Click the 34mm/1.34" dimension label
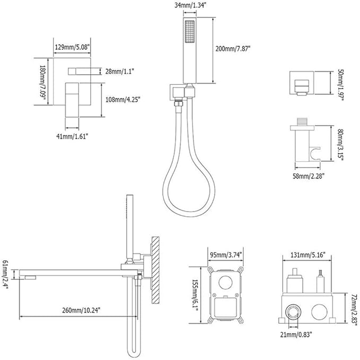coord(189,5)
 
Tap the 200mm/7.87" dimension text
coord(233,49)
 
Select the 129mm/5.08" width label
coord(72,47)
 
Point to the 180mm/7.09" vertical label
coord(43,81)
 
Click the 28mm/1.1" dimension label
coord(120,72)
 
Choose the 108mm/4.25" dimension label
coord(123,100)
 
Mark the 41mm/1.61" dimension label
coord(72,136)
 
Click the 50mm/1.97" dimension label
coord(340,85)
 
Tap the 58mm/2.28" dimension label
coord(309,176)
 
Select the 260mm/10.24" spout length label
coord(81,310)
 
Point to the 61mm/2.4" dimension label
coord(5,274)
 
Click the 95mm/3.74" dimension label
coord(226,254)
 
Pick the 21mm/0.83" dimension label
coord(296,335)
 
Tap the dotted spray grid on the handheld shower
coord(190,32)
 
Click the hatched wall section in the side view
coord(156,270)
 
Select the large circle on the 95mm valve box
coord(226,282)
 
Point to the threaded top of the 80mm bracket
coord(302,121)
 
